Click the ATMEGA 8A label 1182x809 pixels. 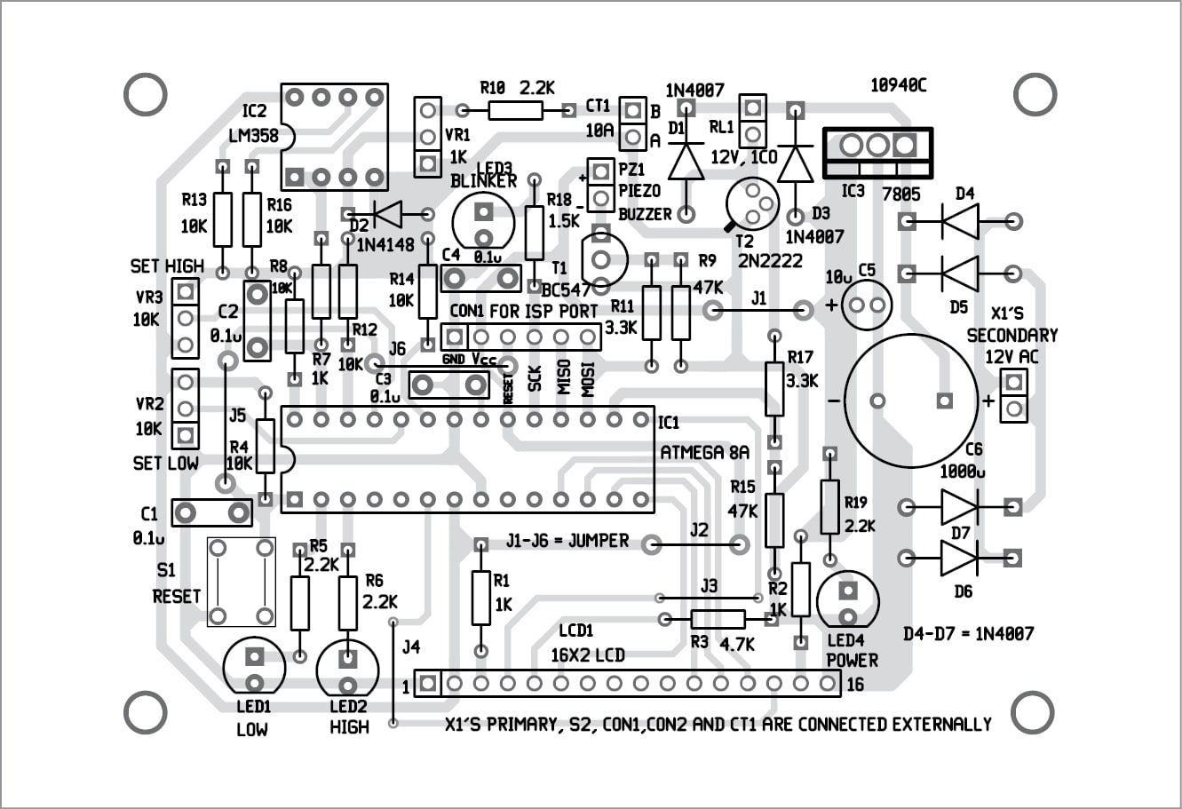tap(704, 452)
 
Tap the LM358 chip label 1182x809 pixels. tap(253, 136)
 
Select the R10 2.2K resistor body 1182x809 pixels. tap(516, 110)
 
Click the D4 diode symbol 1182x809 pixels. tap(961, 221)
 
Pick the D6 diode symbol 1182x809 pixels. tap(960, 558)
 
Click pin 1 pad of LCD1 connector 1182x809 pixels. tap(429, 684)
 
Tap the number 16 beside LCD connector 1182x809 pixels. tap(854, 685)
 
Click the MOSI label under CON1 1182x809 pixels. tap(588, 378)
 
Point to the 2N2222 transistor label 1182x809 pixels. tap(769, 260)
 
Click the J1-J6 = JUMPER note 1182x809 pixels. tap(567, 540)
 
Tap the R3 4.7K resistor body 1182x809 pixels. tap(718, 619)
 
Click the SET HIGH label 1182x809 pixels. tap(167, 266)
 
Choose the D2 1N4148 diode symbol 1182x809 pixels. tap(387, 213)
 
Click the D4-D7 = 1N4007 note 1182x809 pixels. tap(968, 633)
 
